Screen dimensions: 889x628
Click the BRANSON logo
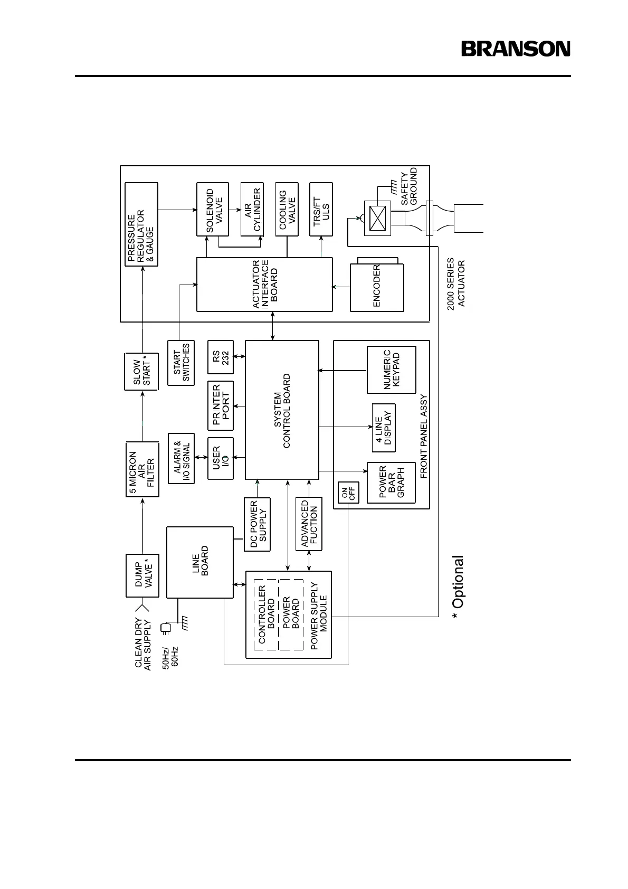coord(516,49)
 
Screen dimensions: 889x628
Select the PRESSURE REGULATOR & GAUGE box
coord(141,224)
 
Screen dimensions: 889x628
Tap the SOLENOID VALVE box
coord(213,210)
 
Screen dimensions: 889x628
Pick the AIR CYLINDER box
coord(252,210)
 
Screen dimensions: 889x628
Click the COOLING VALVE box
coord(287,210)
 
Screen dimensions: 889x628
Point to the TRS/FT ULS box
coord(321,210)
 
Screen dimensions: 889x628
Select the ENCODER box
coord(377,287)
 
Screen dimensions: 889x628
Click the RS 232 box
coord(221,357)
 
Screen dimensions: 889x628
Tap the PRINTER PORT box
coord(221,405)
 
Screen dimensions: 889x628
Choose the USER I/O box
coord(221,459)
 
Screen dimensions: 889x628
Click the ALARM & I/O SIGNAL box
coord(181,458)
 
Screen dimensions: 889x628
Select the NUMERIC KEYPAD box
coord(392,370)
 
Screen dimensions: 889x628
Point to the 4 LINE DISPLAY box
coord(383,428)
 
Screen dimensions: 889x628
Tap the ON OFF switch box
coord(348,493)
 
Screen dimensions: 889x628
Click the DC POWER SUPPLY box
coord(257,524)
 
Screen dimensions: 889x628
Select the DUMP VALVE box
coord(142,575)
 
